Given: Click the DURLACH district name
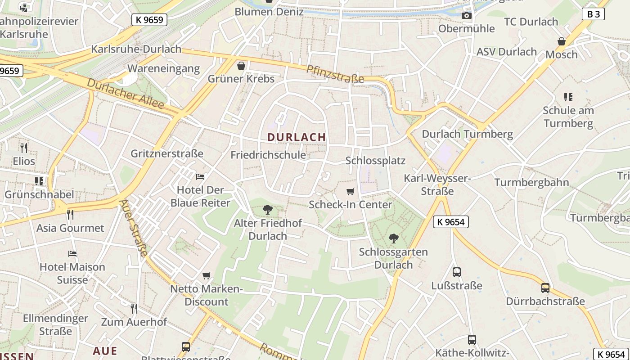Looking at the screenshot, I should [x=296, y=137].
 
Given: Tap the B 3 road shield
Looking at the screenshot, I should [x=594, y=14].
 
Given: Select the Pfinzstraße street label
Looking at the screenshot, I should [x=335, y=73].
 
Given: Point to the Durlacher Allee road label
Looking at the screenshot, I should [x=125, y=94].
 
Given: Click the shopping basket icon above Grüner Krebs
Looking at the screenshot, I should [x=241, y=66].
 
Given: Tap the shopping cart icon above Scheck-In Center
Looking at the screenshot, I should [x=351, y=192].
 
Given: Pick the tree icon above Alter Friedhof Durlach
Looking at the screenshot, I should [x=268, y=209].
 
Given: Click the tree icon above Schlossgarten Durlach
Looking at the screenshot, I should [x=393, y=238].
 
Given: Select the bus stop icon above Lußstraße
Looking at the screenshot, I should [x=457, y=272].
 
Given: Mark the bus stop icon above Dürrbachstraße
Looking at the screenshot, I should [x=545, y=288].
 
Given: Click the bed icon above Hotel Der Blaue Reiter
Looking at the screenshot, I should [x=200, y=176].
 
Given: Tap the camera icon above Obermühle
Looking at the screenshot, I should [x=467, y=16].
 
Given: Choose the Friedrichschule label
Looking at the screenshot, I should [x=268, y=155].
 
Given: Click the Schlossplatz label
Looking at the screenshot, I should [x=375, y=161].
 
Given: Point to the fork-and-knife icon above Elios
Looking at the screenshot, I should [x=24, y=147].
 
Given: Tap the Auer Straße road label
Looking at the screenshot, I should [x=134, y=228].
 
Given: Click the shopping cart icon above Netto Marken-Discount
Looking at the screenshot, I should [x=207, y=275].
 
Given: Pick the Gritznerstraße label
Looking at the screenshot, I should [x=167, y=153].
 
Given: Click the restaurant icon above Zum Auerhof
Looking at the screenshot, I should [x=134, y=308].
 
